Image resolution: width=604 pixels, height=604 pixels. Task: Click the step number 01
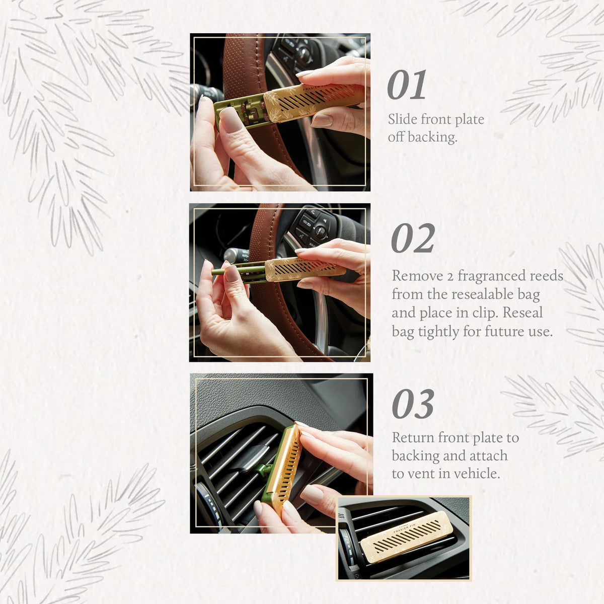tap(407, 86)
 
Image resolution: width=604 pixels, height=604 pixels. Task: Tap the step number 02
tap(413, 239)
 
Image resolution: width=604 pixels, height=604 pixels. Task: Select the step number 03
tap(413, 405)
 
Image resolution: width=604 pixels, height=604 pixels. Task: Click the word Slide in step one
tap(403, 119)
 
